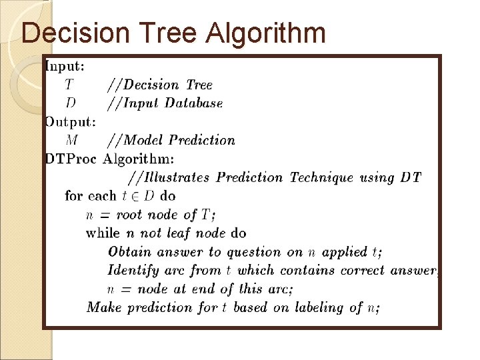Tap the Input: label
click(x=64, y=66)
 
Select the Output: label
click(x=70, y=121)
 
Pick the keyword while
click(x=103, y=233)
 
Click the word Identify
click(x=134, y=271)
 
